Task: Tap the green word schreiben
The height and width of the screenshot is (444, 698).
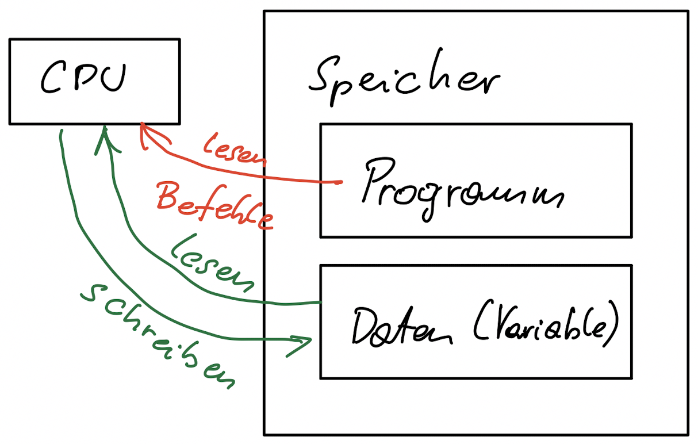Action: click(158, 334)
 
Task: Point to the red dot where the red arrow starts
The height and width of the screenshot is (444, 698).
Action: click(339, 182)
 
